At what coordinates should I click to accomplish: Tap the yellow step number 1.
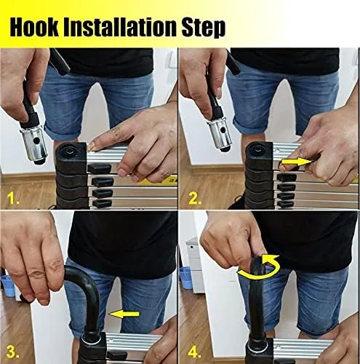[15, 198]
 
